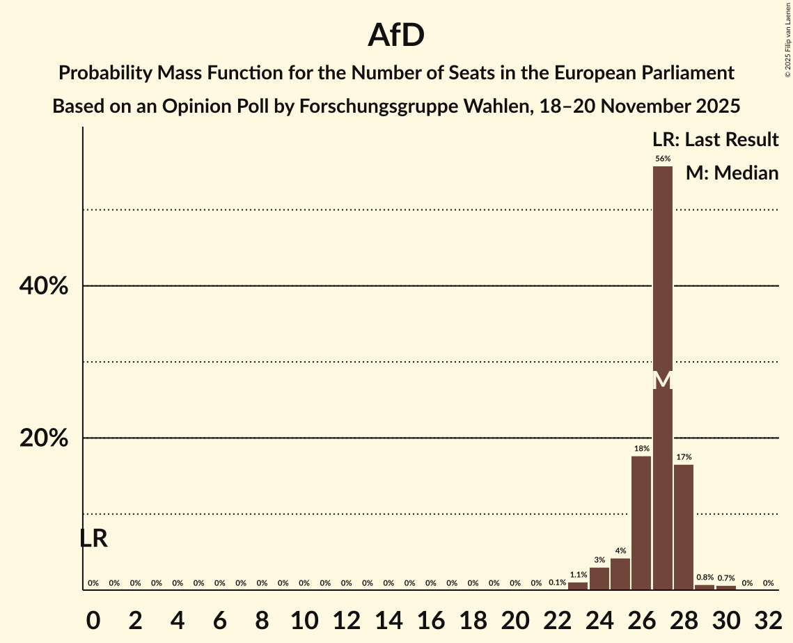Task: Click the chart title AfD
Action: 396,35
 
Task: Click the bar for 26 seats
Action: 641,523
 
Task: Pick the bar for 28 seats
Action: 684,527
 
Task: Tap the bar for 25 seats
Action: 620,574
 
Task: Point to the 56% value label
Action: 663,159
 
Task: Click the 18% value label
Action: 641,449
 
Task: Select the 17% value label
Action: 684,457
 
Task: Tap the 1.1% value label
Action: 579,575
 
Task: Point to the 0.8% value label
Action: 705,578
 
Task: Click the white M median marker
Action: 663,381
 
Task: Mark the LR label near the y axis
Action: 93,538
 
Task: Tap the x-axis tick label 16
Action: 430,617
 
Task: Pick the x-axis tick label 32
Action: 768,617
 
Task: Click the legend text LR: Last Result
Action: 715,140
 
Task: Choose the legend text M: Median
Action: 732,173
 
